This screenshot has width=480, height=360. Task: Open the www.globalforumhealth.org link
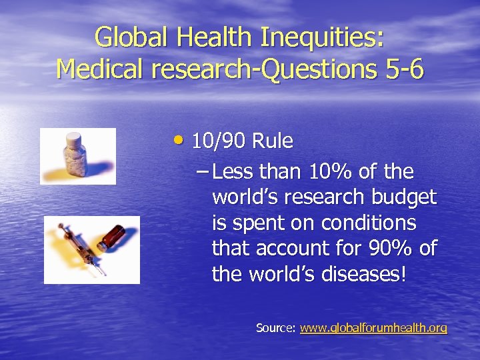pos(373,328)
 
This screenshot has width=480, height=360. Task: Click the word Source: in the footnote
pos(276,328)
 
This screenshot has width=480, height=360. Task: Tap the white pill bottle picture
pos(75,156)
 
